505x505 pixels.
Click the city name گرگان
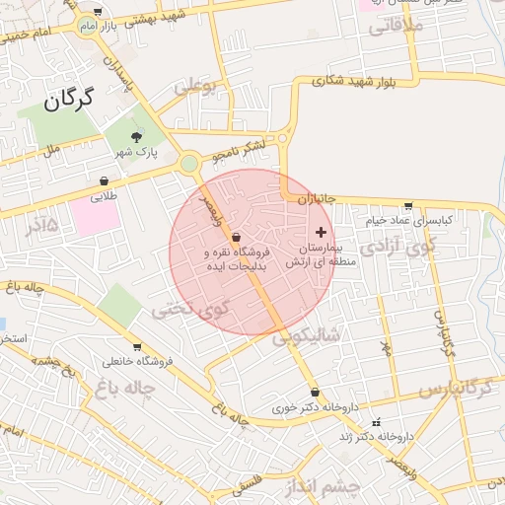[67, 99]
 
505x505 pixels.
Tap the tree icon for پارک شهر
[136, 136]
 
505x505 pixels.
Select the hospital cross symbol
[320, 230]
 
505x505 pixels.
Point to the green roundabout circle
[188, 164]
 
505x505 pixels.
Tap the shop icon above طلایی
[105, 180]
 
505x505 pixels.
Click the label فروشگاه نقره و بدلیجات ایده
[236, 259]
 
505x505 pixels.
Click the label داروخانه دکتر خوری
[315, 406]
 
